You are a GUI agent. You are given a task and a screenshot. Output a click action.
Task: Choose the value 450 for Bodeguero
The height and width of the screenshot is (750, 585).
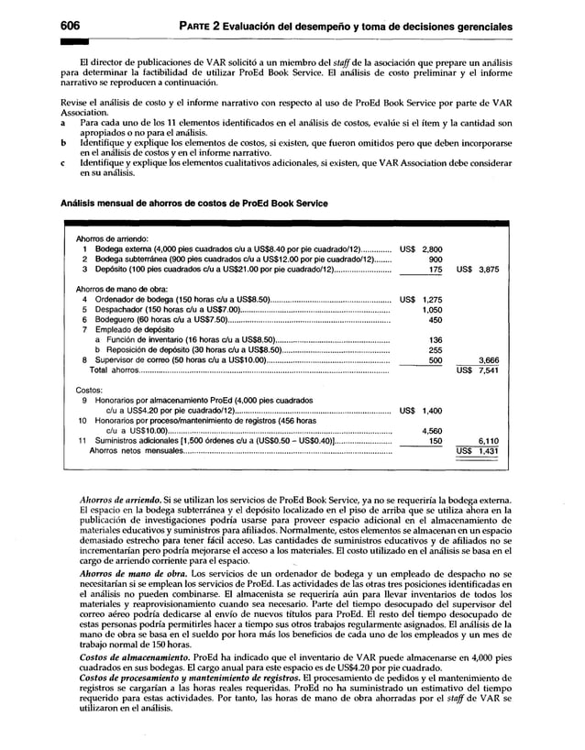[x=436, y=320]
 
